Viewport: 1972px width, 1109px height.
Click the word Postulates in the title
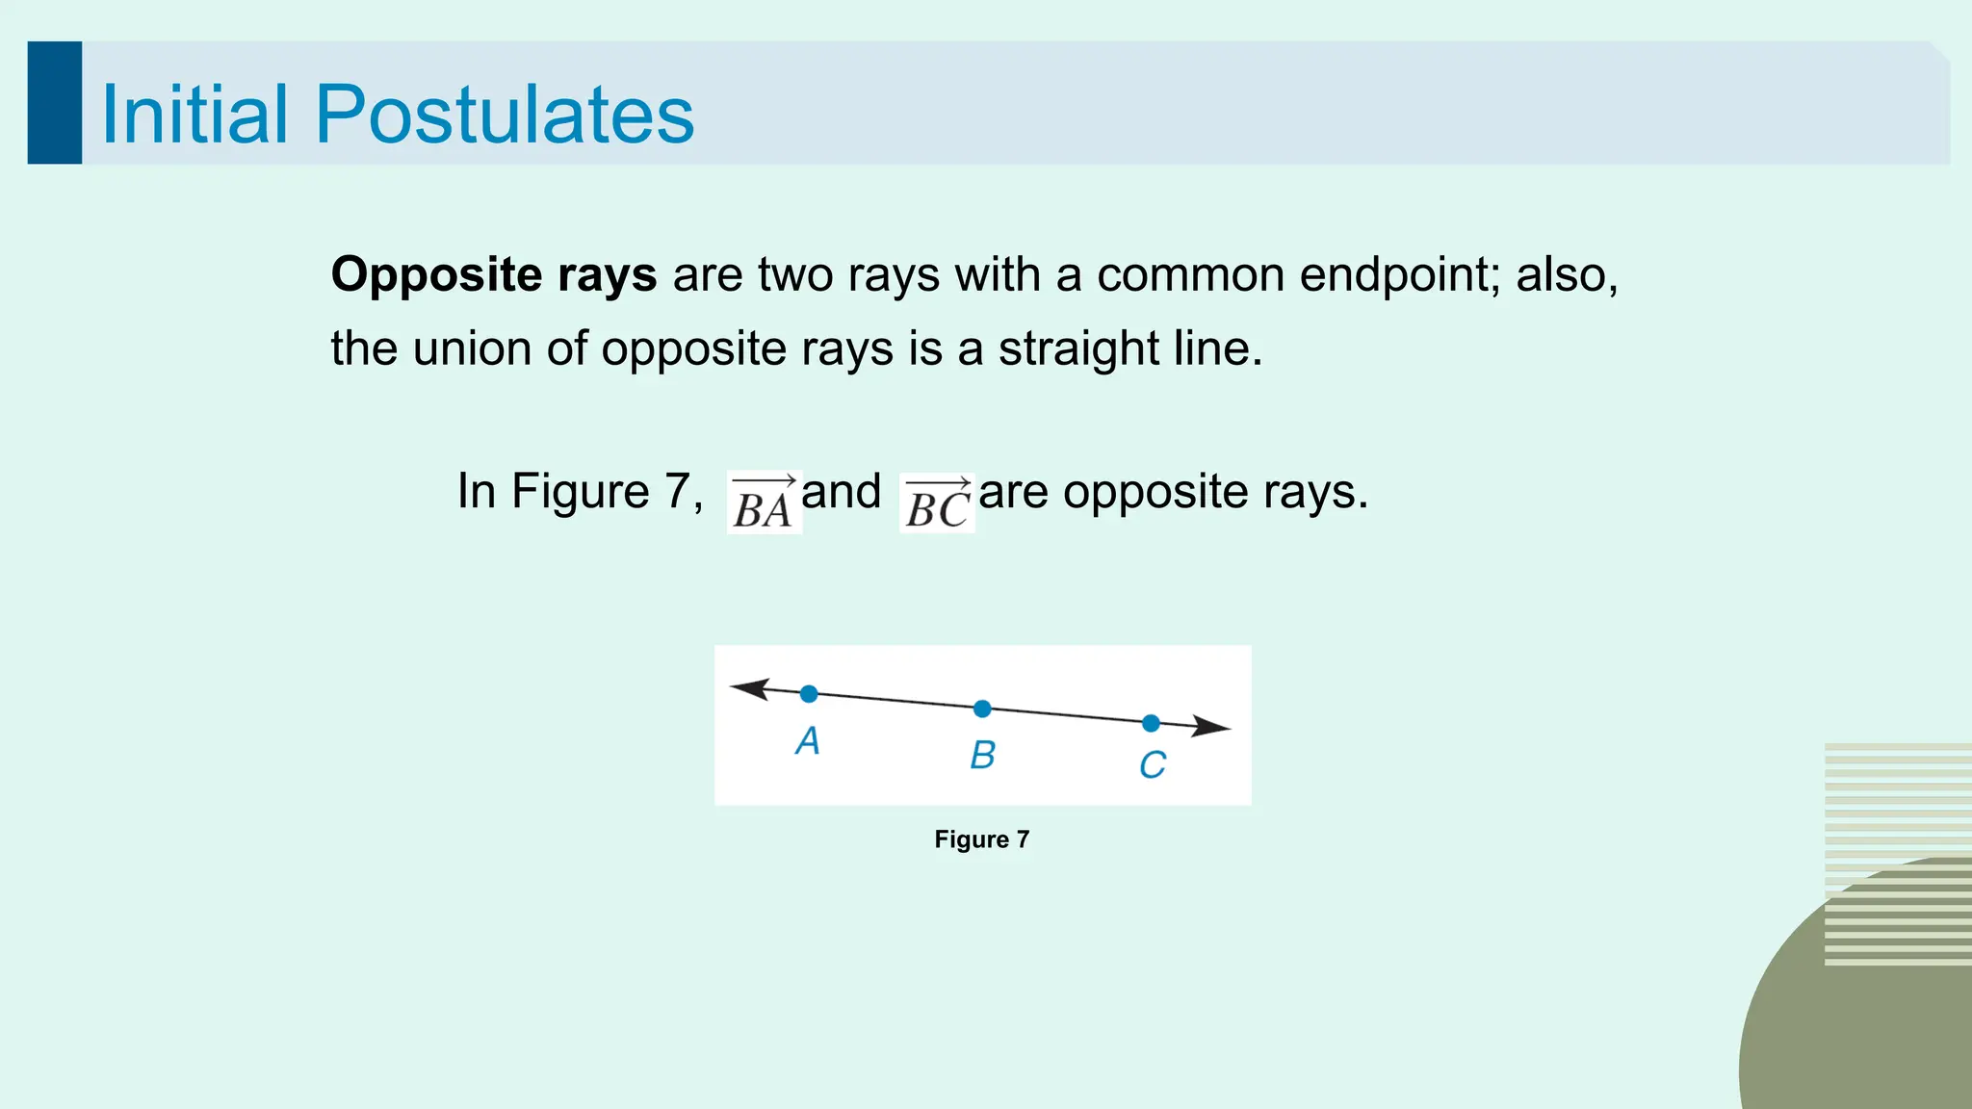(x=504, y=115)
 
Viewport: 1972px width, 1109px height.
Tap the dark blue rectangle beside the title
(x=55, y=103)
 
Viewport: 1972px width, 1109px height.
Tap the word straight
(x=1078, y=349)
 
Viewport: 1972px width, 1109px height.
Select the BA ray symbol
(x=764, y=503)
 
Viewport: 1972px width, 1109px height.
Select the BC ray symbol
(x=937, y=503)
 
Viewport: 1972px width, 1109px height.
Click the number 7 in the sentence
(x=678, y=492)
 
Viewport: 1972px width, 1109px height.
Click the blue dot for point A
(x=809, y=694)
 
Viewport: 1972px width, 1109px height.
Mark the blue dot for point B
(x=982, y=709)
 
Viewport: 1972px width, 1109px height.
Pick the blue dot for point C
(x=1151, y=723)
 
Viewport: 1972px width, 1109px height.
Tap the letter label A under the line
(x=807, y=741)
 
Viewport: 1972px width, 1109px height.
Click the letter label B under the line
(x=982, y=756)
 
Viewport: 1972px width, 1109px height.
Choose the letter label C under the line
(x=1152, y=766)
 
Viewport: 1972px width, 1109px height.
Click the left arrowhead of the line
(x=749, y=688)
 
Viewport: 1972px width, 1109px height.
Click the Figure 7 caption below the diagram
(x=981, y=839)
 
